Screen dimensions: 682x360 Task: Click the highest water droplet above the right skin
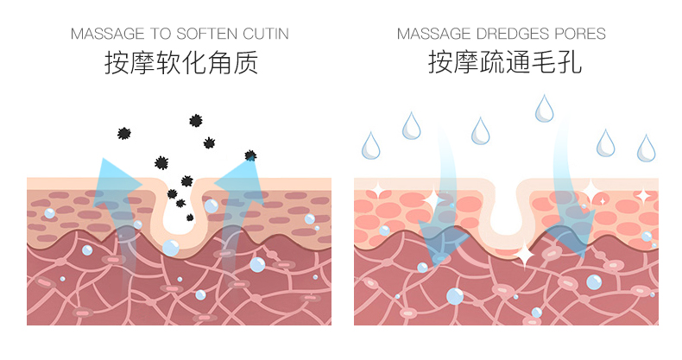[544, 108]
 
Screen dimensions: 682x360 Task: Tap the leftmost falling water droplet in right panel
[370, 145]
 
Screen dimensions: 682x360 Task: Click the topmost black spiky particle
[196, 121]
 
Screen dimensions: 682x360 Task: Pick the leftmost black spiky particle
[124, 133]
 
